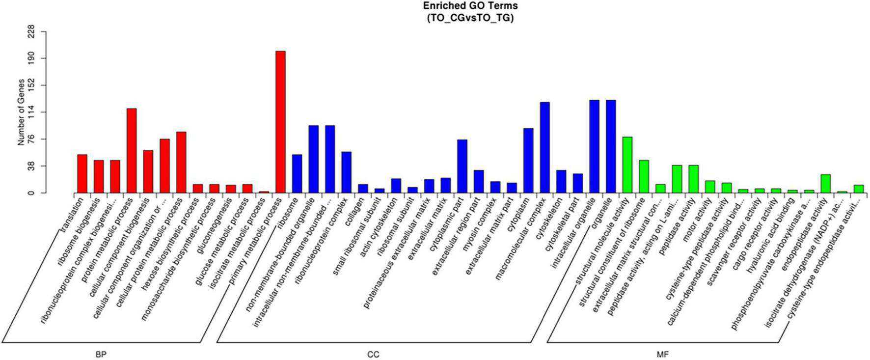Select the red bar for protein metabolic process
point(132,150)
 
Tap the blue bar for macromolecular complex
point(544,147)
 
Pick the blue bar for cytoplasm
point(528,160)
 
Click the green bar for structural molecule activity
point(627,165)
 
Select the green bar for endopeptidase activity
point(825,184)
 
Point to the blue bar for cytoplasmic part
point(462,166)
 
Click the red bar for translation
point(82,173)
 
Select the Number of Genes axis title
point(21,112)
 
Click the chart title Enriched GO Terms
point(470,6)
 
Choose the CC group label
point(373,354)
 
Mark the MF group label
point(662,354)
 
